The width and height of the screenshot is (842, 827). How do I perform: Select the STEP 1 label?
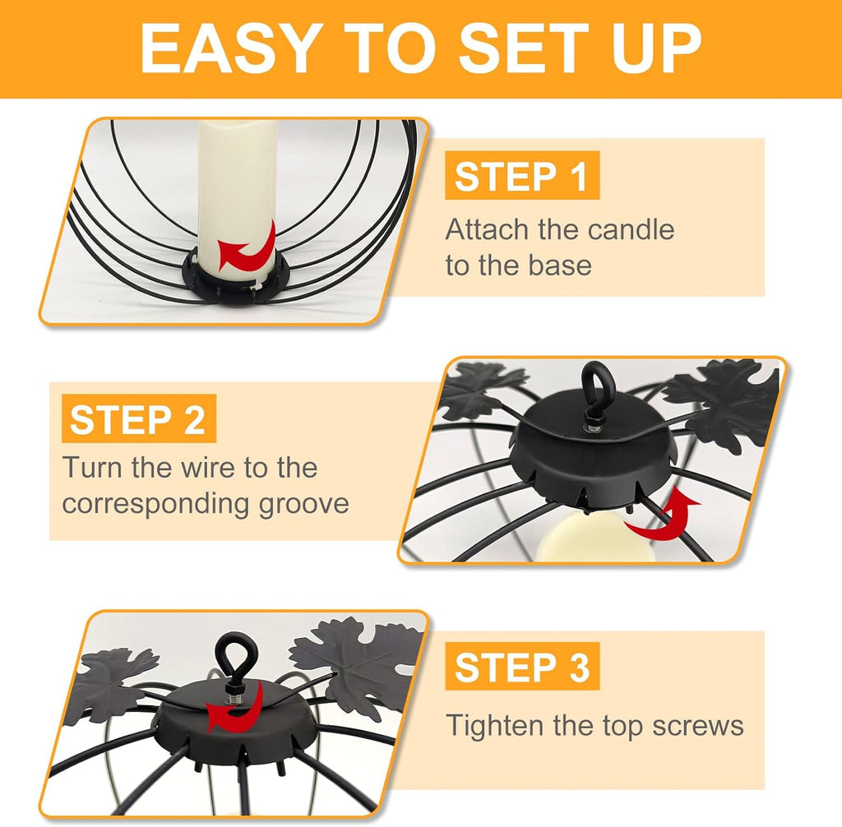(521, 176)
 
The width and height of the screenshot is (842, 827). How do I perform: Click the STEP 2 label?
(138, 419)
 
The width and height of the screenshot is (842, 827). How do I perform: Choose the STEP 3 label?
(521, 667)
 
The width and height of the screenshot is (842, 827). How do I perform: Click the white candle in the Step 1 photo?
(237, 199)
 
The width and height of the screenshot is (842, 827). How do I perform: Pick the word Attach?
(487, 230)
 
